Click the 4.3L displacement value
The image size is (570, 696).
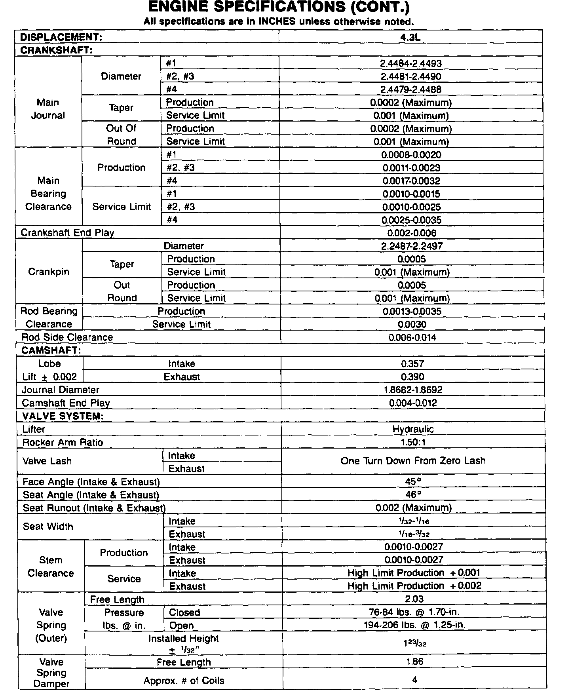coord(410,37)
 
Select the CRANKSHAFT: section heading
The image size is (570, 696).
coord(56,50)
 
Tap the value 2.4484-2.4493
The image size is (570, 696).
coord(411,63)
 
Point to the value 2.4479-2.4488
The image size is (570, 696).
coord(411,89)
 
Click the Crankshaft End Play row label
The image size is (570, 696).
coord(67,233)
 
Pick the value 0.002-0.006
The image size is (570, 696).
coord(412,233)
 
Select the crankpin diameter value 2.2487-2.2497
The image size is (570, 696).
coord(412,246)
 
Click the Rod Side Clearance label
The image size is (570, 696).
coord(67,337)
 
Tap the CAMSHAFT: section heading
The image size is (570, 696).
coord(51,350)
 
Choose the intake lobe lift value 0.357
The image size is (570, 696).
coord(412,364)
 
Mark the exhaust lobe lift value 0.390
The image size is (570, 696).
coord(412,377)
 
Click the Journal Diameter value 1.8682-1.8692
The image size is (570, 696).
coord(413,390)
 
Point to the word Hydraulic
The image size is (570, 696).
coord(413,429)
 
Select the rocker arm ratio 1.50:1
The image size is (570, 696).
coord(413,442)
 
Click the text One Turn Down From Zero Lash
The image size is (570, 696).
coord(413,461)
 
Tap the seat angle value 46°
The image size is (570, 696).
coord(413,495)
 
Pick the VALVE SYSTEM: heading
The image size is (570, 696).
coord(63,416)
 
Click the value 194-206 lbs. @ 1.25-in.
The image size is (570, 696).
coord(414,625)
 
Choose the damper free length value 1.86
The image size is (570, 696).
coord(414,662)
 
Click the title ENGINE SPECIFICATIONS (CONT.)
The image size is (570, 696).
coord(279,8)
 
